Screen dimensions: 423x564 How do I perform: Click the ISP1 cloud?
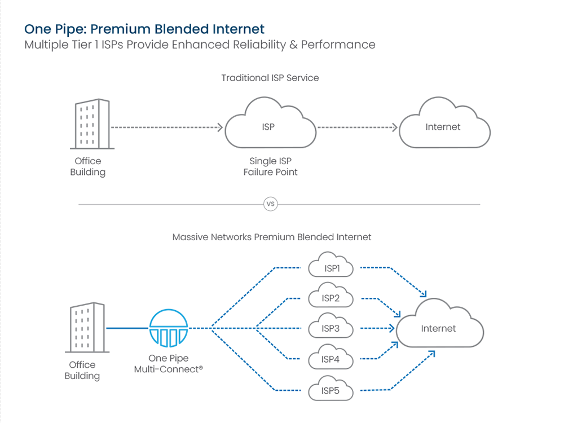click(x=331, y=268)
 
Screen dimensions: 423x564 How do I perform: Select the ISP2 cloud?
click(x=331, y=298)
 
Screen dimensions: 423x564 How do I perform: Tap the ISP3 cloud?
click(x=331, y=328)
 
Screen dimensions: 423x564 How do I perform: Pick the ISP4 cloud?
click(x=331, y=359)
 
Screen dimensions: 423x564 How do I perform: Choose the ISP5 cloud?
click(x=331, y=390)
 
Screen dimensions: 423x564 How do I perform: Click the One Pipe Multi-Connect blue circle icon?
click(x=169, y=328)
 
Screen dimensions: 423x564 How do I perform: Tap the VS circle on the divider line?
click(x=271, y=204)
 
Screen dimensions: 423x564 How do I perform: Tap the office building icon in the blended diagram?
click(x=87, y=328)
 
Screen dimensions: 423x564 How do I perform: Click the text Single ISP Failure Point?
click(x=270, y=166)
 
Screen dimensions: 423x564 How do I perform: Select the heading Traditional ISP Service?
click(x=270, y=78)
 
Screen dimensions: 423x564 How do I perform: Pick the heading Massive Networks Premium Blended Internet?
click(x=271, y=237)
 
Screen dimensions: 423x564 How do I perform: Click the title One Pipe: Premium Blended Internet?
click(x=144, y=29)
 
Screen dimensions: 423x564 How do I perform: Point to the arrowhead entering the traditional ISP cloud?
click(x=221, y=127)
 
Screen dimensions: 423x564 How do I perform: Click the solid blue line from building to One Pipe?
click(x=127, y=328)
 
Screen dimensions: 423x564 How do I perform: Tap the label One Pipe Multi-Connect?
click(x=168, y=364)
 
